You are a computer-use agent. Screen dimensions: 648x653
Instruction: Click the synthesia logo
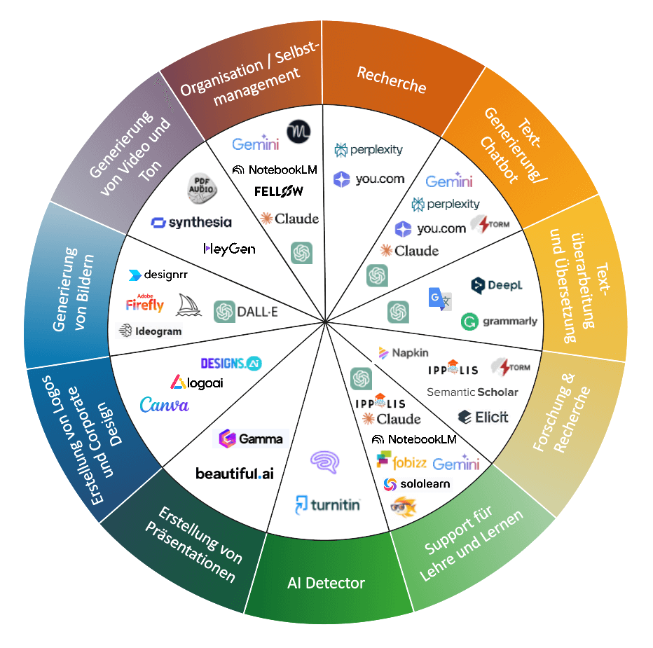191,223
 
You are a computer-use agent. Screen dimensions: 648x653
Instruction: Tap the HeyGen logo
229,249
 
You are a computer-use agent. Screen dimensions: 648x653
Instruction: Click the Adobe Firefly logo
145,303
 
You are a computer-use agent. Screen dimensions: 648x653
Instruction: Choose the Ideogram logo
151,331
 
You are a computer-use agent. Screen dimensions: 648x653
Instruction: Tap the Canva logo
164,405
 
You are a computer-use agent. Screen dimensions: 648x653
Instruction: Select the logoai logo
197,382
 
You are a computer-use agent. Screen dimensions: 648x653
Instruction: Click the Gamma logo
251,439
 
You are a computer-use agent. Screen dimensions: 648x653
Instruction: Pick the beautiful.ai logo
235,474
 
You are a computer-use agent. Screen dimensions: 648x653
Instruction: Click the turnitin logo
327,504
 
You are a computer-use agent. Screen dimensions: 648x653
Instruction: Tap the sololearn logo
416,484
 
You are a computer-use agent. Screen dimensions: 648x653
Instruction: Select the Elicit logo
483,417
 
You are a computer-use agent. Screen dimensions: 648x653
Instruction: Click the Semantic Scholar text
472,392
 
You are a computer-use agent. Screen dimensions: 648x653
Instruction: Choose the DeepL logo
497,285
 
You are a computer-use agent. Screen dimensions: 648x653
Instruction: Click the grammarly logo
499,322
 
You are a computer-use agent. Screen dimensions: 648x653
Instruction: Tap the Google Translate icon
439,298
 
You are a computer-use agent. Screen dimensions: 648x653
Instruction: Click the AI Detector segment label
326,583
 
